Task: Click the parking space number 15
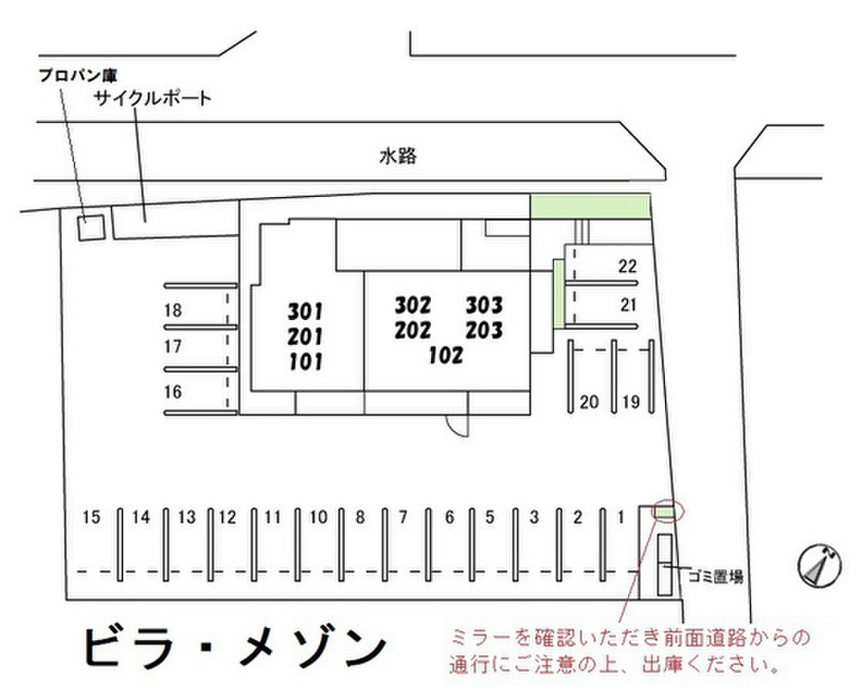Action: [92, 517]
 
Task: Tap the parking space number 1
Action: [621, 517]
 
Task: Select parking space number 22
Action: [627, 267]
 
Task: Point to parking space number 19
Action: [631, 403]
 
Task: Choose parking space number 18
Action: [173, 311]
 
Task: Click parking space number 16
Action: [173, 392]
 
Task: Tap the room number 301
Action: [305, 312]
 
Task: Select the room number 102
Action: [445, 355]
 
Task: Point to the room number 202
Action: [412, 330]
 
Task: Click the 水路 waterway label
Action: [398, 156]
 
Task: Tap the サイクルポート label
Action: [152, 99]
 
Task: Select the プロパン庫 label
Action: [77, 74]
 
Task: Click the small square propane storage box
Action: [90, 227]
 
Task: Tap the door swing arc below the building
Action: [457, 424]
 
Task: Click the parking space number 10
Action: [317, 517]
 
